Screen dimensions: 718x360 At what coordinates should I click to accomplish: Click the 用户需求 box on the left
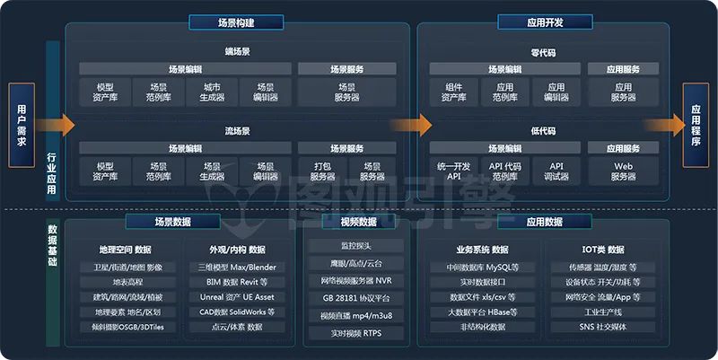tap(22, 125)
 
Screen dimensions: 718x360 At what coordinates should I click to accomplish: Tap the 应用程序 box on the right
tap(696, 125)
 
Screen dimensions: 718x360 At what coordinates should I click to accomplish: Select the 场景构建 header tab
tap(236, 22)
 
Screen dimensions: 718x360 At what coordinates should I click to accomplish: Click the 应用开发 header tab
tap(545, 22)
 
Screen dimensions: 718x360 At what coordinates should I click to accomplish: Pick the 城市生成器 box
tap(212, 92)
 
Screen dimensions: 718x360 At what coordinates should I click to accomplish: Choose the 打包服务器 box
tap(322, 171)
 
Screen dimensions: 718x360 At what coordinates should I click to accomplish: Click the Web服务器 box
tap(623, 171)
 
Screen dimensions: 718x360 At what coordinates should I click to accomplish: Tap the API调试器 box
tap(556, 171)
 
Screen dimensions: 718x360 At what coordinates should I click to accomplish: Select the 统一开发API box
tap(454, 171)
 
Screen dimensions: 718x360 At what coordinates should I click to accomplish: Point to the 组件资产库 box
tap(454, 92)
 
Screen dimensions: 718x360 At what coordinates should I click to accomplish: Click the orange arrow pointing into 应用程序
tap(664, 125)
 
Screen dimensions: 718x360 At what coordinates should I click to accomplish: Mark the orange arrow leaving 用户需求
tap(55, 125)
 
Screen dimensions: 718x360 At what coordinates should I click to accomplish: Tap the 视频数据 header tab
tap(358, 222)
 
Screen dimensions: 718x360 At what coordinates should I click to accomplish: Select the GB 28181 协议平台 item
tap(356, 298)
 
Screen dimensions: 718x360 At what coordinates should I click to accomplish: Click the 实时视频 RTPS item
tap(356, 333)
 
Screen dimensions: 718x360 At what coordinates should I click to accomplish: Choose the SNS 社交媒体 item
tap(602, 327)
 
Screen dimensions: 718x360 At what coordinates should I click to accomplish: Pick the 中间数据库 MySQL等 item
tap(482, 267)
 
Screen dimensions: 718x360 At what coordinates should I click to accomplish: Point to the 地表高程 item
tap(127, 282)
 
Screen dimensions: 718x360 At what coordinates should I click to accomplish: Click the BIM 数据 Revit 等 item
tap(237, 282)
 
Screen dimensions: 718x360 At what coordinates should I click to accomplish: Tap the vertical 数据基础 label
tap(53, 245)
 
